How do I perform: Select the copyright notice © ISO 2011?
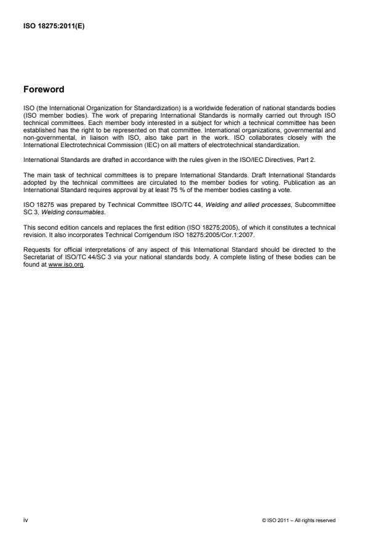(x=299, y=521)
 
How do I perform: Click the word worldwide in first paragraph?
(x=188, y=108)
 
